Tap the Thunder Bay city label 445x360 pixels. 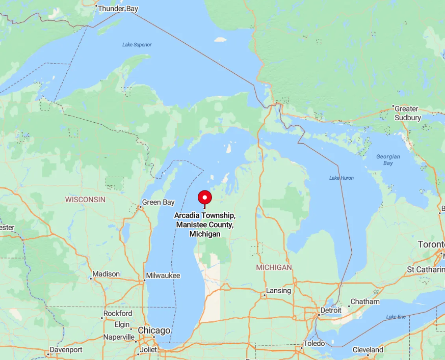tap(118, 9)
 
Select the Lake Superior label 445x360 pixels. tap(137, 45)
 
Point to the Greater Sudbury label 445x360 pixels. tap(407, 113)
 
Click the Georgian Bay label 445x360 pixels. tap(388, 160)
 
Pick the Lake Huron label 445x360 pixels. tap(341, 178)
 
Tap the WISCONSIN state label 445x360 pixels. tap(85, 200)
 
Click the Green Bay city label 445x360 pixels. tap(158, 202)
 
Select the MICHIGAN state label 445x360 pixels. tap(274, 267)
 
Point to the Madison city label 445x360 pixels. tap(106, 274)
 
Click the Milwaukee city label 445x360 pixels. tap(163, 275)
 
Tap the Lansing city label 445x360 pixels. tap(278, 291)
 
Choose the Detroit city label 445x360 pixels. tap(331, 310)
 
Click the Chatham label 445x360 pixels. tap(365, 301)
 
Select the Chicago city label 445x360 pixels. tap(154, 330)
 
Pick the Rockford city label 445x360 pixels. tap(118, 314)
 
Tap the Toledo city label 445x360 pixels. tap(314, 343)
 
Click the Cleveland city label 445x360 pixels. tap(368, 350)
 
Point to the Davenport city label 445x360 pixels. tap(66, 350)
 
